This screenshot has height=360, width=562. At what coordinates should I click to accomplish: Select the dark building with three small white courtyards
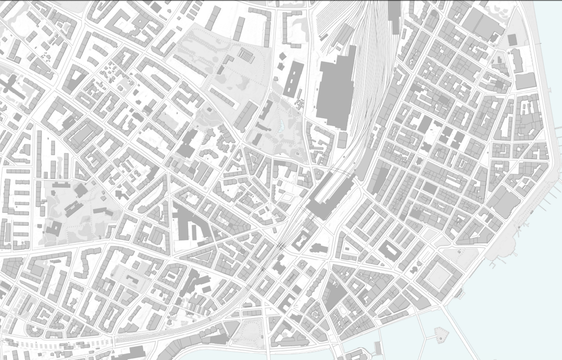coord(293,79)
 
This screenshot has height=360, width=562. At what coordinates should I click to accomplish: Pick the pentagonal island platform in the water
coord(441,335)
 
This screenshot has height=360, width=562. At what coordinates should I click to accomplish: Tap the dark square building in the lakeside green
coord(512,39)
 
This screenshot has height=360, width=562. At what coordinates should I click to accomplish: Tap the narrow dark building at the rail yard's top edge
coord(394,15)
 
